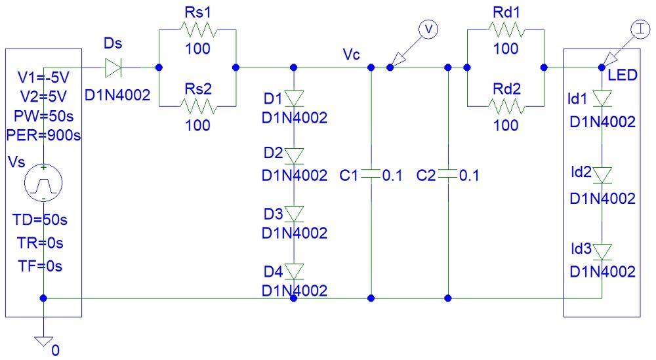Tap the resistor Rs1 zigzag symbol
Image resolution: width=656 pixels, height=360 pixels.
(197, 30)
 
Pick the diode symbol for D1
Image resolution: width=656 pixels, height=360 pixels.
(294, 98)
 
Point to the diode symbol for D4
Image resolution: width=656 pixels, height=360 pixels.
(294, 270)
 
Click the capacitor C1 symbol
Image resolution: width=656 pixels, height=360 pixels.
(371, 175)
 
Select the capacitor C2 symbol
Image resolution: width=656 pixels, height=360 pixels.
(447, 175)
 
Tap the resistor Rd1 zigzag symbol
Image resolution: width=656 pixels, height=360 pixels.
(505, 30)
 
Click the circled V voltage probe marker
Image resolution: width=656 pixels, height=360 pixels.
(427, 28)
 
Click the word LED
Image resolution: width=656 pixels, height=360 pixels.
(623, 75)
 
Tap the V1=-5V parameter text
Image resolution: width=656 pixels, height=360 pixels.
(41, 79)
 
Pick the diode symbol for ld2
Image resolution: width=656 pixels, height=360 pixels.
(602, 174)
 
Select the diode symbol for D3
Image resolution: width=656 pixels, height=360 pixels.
(294, 213)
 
